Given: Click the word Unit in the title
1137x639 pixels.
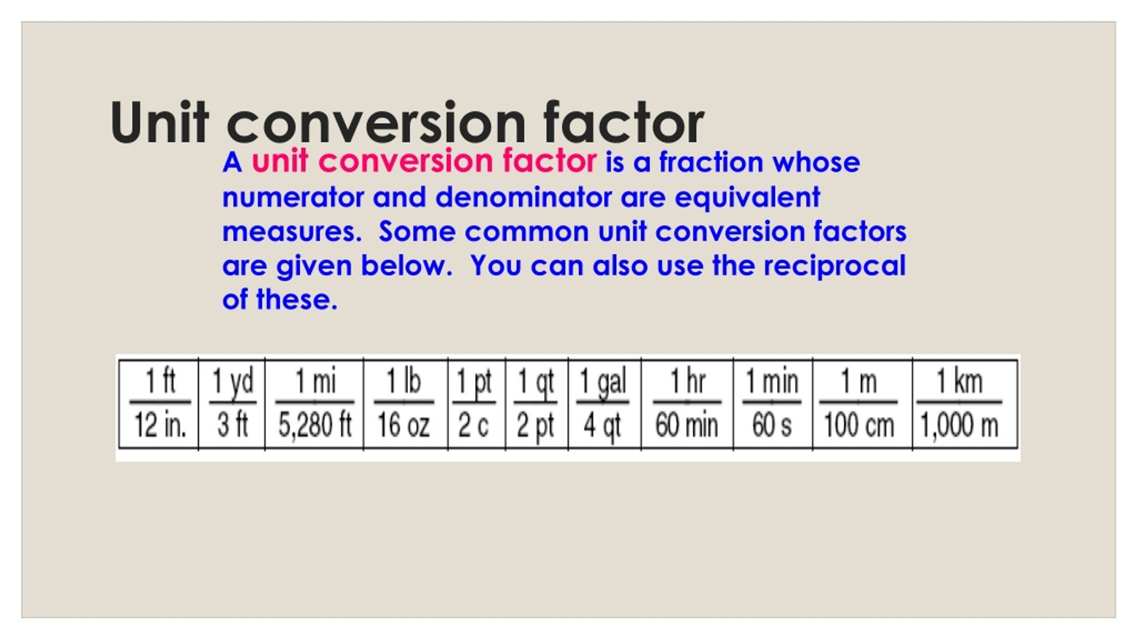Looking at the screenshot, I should (159, 123).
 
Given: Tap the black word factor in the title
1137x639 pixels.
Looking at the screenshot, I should (623, 123).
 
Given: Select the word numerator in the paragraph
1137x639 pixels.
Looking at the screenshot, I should (293, 197).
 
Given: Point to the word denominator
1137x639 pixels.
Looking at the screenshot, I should (523, 197).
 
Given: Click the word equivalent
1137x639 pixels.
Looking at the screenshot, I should (747, 198).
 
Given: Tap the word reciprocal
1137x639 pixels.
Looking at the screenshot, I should (834, 266).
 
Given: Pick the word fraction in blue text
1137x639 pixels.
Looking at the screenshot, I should (711, 162).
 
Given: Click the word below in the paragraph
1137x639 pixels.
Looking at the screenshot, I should (406, 266).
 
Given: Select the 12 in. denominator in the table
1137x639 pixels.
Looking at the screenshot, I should (160, 425).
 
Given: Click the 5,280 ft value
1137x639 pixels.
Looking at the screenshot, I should (315, 425).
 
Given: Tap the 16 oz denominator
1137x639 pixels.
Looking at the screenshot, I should (403, 425).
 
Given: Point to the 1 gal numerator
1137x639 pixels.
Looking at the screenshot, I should (603, 382).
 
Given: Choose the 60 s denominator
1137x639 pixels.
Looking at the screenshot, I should (771, 425).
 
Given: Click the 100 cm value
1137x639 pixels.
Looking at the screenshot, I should (859, 425).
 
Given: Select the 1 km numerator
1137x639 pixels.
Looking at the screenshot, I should (959, 382).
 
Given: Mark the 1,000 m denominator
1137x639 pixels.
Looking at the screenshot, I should (959, 425).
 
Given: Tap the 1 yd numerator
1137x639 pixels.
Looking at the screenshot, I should (233, 382).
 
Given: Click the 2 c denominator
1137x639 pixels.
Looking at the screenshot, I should (473, 425).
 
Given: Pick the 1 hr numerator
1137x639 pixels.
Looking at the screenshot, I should (688, 382).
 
